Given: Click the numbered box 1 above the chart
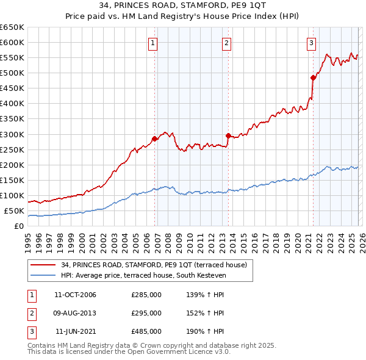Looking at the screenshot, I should point(152,43).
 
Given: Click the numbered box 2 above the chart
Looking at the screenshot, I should point(226,43).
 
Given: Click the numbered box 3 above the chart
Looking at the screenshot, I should point(311,43).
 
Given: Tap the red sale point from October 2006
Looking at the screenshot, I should point(154,139).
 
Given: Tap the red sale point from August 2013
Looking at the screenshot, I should point(228,135).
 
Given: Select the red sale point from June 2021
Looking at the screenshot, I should point(313,77).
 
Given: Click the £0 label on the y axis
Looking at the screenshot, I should point(18,226).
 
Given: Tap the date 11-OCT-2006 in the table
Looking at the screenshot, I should point(75,295).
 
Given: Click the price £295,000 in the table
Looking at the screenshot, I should point(146,313).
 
